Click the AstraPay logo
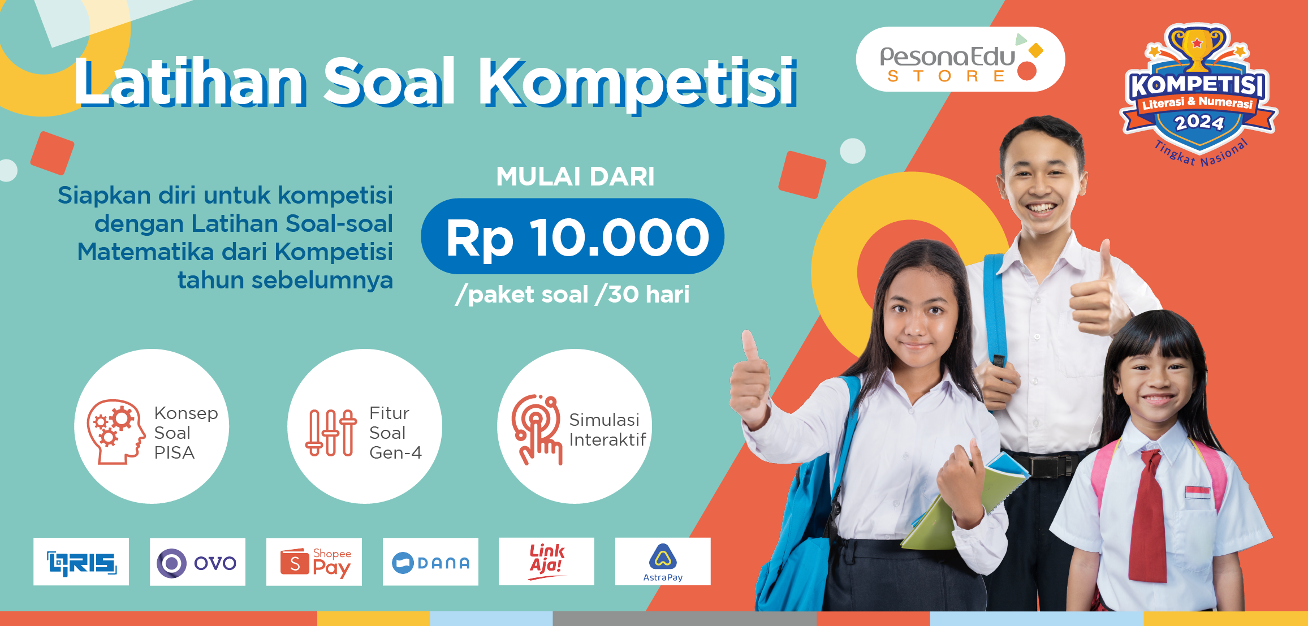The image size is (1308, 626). (663, 562)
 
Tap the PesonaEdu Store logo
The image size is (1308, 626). (960, 59)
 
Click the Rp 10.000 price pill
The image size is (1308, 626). (572, 236)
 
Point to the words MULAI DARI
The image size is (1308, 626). (575, 176)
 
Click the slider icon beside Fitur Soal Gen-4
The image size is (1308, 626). (331, 433)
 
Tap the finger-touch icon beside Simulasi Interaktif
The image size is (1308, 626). (537, 430)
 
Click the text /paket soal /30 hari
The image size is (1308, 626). (572, 295)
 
